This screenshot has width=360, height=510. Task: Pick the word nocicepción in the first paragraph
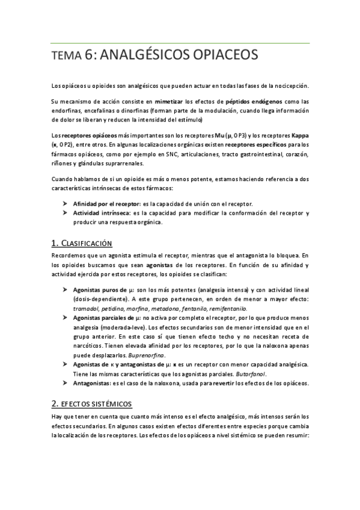click(x=288, y=84)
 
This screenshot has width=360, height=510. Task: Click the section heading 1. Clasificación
click(x=82, y=243)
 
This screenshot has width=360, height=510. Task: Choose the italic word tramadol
click(x=87, y=308)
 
